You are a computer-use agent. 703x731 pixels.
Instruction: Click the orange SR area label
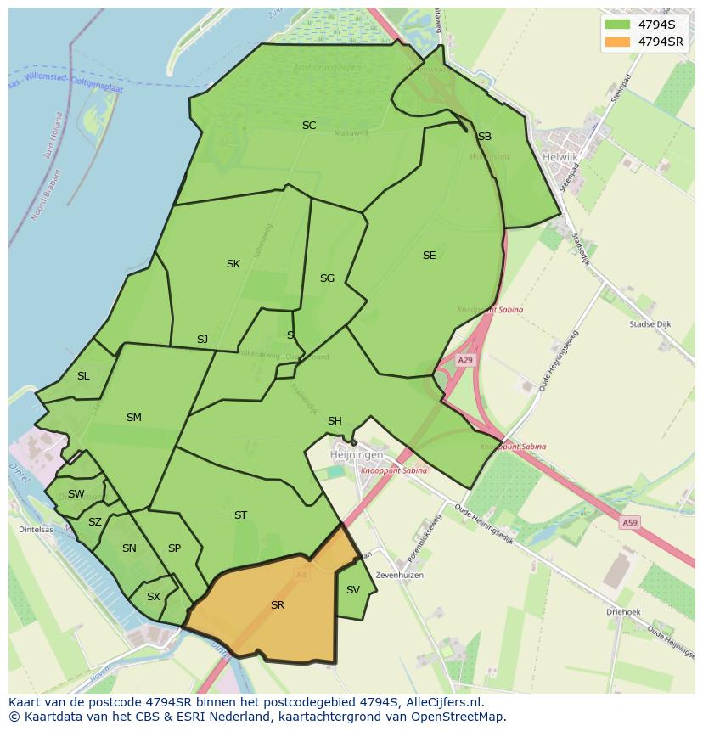278,605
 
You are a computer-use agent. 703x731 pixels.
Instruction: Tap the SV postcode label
353,590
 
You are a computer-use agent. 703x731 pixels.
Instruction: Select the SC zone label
309,126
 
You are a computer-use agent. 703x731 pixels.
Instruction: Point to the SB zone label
484,137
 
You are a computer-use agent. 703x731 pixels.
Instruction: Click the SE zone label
429,256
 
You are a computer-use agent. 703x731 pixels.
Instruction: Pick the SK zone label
233,264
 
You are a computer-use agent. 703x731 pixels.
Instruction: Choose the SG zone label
327,278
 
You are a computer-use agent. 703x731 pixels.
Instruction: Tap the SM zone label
134,418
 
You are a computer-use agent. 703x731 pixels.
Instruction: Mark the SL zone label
83,376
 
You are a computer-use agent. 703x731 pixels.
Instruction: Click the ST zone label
240,515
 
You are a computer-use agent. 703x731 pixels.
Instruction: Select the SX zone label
154,597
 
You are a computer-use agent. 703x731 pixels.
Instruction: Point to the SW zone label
76,494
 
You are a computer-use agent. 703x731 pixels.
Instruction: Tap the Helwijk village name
560,156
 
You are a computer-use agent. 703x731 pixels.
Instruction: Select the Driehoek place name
623,611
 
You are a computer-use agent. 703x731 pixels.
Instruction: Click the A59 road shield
629,523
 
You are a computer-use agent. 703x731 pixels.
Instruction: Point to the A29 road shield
465,361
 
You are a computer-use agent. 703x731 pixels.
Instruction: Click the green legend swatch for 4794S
618,25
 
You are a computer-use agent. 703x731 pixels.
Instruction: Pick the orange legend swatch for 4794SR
618,42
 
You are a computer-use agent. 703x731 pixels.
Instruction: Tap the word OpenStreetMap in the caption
458,717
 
